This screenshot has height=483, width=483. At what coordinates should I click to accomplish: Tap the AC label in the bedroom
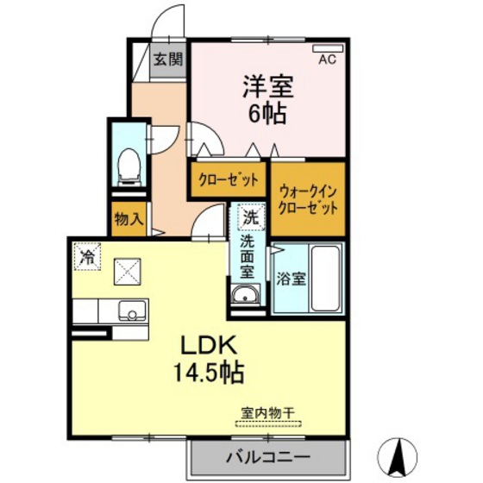point(327,60)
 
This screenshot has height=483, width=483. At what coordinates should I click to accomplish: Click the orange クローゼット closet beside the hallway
point(229,180)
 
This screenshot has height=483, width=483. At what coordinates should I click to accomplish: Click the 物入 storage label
point(129,219)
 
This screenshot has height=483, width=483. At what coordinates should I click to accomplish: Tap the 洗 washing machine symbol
point(249,217)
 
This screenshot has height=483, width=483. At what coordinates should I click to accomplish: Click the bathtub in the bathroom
point(324,279)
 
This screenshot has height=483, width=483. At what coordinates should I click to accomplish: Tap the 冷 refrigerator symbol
point(87,256)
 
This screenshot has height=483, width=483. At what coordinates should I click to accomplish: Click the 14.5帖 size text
point(210,373)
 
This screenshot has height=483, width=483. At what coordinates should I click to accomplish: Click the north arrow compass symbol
point(402,454)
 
